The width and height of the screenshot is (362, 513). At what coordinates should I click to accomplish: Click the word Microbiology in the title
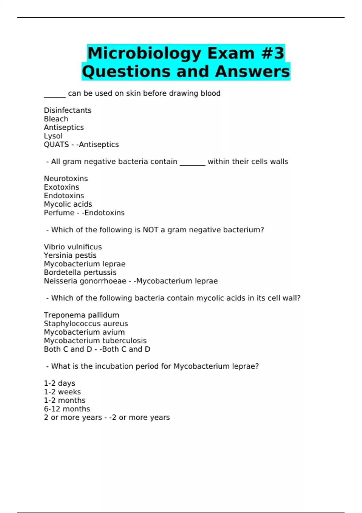144,53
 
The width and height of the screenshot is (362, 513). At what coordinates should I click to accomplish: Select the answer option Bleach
56,119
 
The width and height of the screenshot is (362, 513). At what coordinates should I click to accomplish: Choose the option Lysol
53,136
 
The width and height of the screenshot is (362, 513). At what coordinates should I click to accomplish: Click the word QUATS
56,145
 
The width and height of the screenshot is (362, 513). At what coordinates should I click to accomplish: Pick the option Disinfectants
68,110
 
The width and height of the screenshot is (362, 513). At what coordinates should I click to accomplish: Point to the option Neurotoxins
66,179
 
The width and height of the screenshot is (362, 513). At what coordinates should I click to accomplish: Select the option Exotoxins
62,187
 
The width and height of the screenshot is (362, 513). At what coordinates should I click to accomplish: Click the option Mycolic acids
68,204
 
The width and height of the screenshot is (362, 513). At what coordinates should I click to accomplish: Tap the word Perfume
59,213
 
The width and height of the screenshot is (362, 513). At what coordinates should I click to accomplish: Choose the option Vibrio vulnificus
73,247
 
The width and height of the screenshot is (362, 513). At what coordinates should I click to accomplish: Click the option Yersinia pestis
70,255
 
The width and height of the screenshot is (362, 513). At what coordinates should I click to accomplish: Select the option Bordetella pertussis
80,272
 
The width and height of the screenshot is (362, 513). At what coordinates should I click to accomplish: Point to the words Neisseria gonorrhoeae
85,281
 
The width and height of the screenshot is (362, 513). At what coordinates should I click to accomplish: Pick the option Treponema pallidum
81,315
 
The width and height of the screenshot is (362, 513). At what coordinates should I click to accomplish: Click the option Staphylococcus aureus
86,323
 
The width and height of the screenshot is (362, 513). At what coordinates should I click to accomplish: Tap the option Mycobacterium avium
84,332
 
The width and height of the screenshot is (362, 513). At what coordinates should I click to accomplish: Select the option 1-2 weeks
62,392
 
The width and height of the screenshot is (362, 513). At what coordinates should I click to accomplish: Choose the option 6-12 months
67,409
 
